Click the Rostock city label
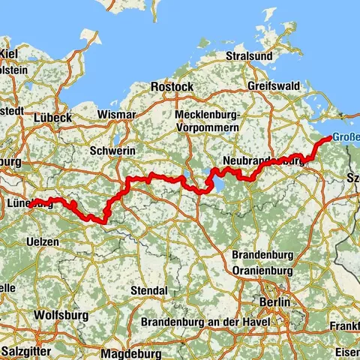point(172,87)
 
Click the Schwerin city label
point(112,151)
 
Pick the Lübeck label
point(53,118)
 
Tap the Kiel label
point(9,53)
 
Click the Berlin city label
point(274,301)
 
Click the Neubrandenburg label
point(262,161)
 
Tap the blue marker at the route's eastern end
point(330,138)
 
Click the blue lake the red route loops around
point(209,181)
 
